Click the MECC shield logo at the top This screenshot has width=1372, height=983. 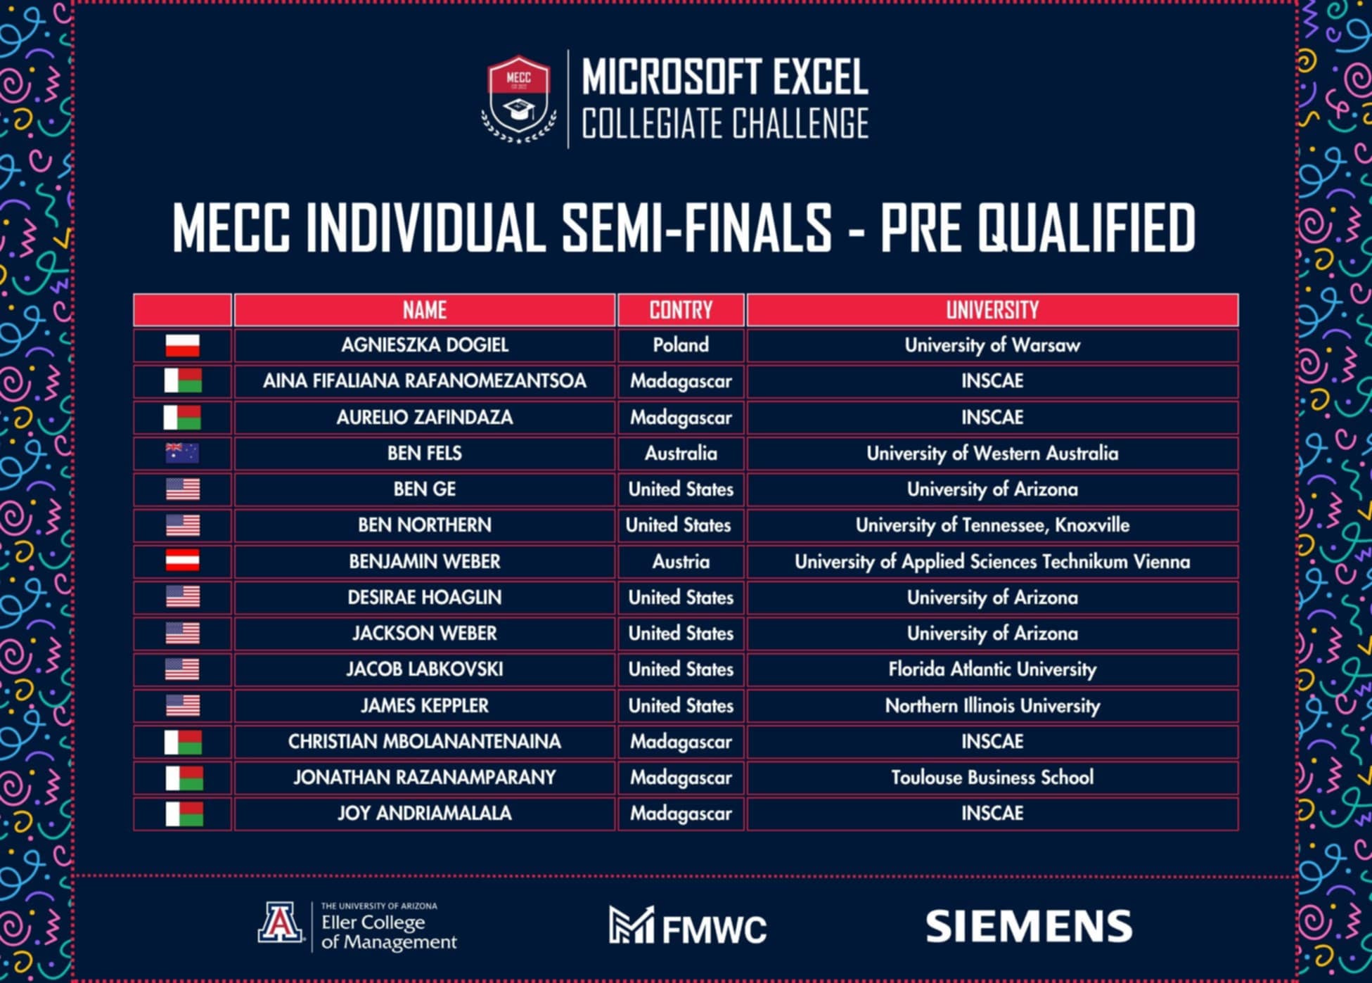pos(519,99)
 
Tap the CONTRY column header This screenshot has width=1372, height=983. pos(681,310)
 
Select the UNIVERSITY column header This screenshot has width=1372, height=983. pos(992,310)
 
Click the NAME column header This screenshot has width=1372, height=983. pos(425,310)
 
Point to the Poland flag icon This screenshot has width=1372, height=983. pos(182,345)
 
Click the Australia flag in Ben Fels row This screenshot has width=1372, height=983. pos(182,453)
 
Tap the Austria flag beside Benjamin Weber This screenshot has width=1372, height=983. pos(182,561)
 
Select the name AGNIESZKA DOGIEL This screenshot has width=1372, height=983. pos(425,345)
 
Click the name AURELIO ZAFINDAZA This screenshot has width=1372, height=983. pos(425,418)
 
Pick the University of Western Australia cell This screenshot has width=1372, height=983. pos(992,454)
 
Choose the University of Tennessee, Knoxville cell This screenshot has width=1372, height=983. pos(992,525)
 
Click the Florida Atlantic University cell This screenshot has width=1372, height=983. pos(992,669)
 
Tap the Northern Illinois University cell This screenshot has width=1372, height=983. pos(992,706)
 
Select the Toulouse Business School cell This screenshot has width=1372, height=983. pos(992,778)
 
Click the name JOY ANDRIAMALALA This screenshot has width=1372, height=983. pos(425,814)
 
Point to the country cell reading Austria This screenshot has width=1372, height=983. pos(681,562)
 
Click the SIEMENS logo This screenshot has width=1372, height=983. pos(1029,926)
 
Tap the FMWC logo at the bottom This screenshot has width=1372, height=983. pos(688,925)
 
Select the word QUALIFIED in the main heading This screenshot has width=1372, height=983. pos(1086,227)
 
